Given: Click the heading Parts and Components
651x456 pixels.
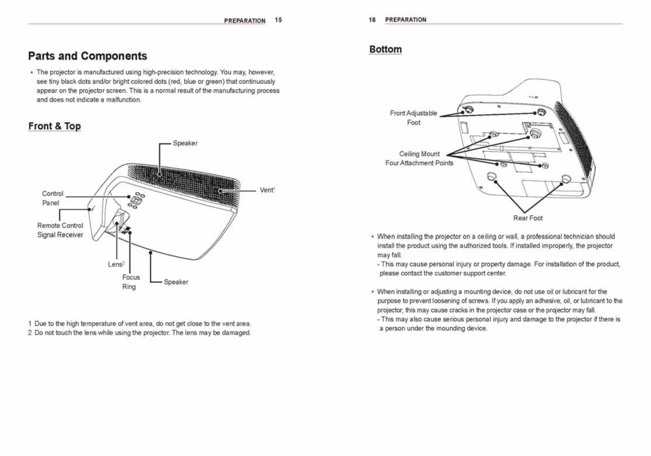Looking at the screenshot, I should (x=88, y=56).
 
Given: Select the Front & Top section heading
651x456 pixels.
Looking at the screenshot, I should (x=55, y=126).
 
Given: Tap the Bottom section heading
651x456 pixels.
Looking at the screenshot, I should (x=385, y=49).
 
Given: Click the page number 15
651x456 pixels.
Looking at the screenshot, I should (x=278, y=20).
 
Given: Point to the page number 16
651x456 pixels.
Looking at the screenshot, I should (x=372, y=19).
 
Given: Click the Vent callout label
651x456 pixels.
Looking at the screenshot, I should (x=267, y=190).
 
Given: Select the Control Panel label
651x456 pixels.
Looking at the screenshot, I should (x=52, y=198).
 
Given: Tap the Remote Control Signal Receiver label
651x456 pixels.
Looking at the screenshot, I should (x=60, y=230).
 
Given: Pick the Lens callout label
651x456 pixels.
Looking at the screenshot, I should (x=116, y=264).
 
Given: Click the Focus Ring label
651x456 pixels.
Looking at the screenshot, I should (x=131, y=282).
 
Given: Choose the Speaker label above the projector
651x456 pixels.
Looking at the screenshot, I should (x=185, y=143).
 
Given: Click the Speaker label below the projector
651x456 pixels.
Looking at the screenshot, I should (x=176, y=282).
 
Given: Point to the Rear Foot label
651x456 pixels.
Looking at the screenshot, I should (x=528, y=218).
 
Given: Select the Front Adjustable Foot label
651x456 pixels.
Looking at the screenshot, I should (x=414, y=118).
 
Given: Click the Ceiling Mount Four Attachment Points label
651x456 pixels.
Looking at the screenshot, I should (x=419, y=158).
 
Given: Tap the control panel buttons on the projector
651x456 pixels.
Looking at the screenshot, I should (x=136, y=200).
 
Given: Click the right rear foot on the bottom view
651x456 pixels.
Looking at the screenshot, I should (x=565, y=179).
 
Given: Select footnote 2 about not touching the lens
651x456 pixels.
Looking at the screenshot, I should (x=139, y=333).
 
